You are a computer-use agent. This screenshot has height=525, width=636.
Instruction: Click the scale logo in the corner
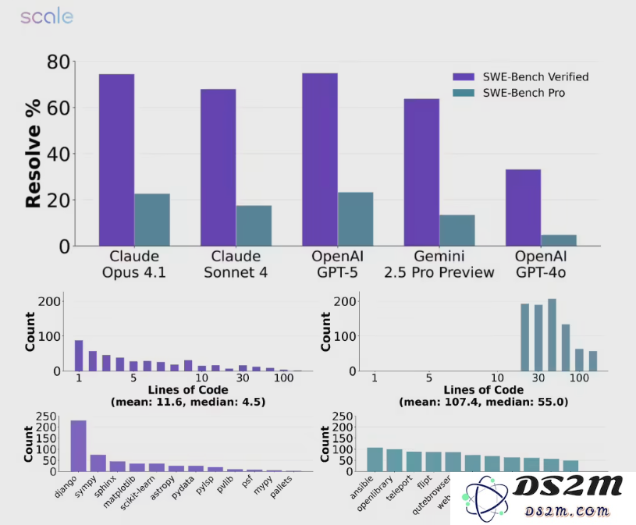[x=47, y=16]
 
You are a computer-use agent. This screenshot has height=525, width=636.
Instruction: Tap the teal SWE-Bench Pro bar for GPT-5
[x=355, y=219]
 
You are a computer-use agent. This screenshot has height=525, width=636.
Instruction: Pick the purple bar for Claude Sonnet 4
[x=218, y=167]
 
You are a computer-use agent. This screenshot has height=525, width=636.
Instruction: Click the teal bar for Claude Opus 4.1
[x=152, y=219]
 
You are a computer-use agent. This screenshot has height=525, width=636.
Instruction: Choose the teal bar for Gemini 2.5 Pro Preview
[x=457, y=230]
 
